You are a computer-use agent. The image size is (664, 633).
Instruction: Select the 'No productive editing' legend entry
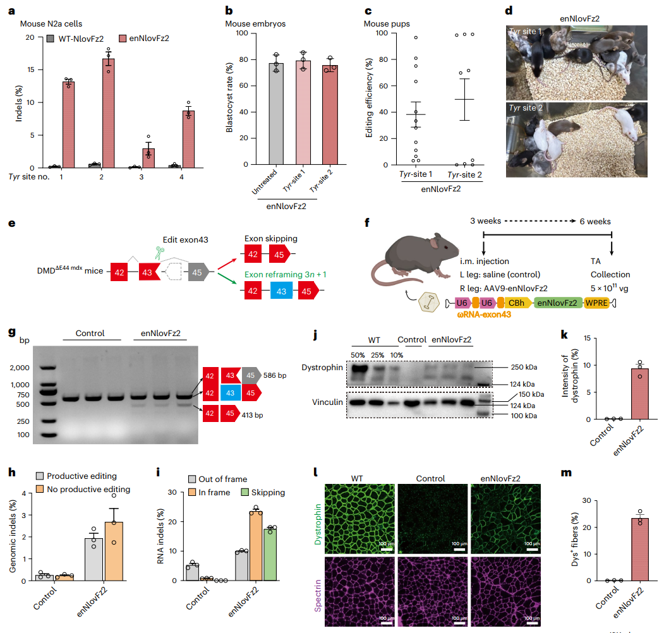(x=88, y=489)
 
